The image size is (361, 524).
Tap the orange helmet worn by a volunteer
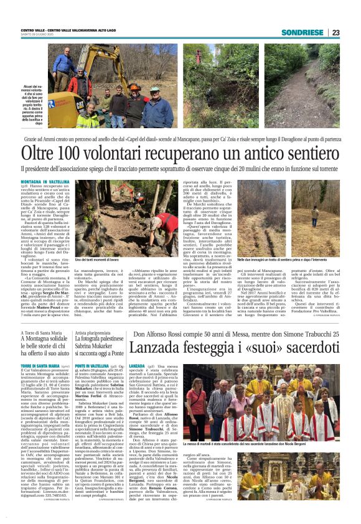click(133, 87)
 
